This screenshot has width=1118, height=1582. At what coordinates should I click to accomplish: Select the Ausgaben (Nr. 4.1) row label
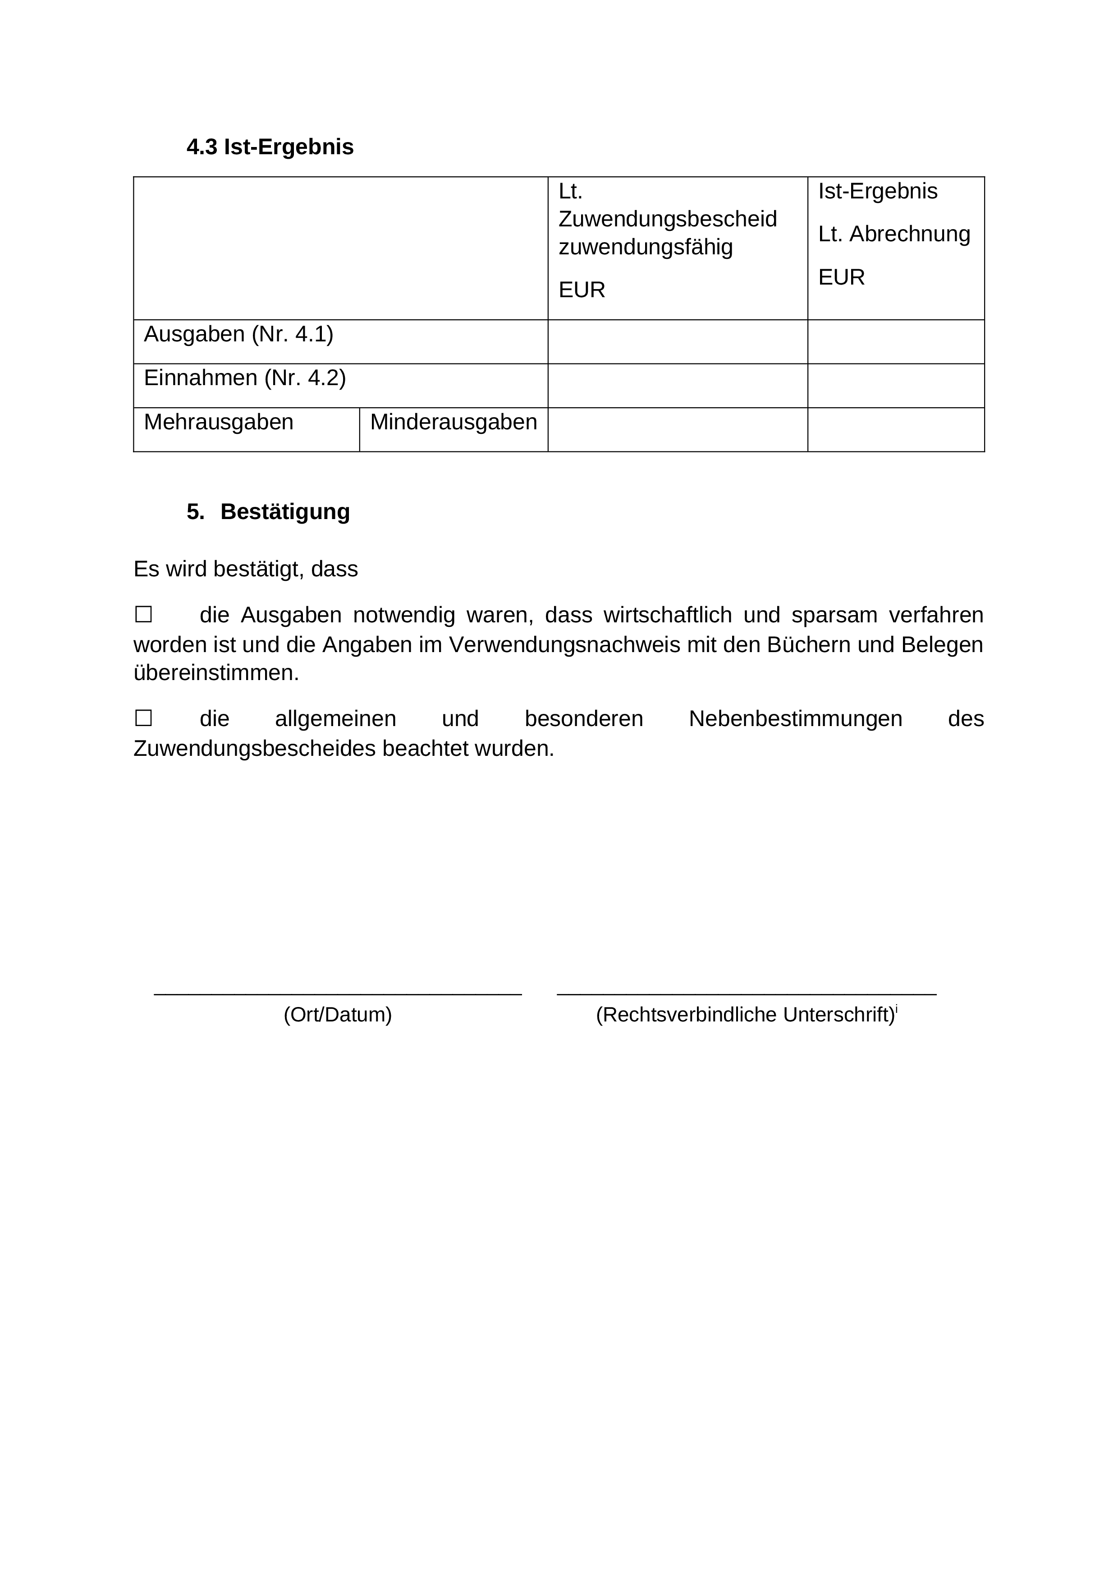238,334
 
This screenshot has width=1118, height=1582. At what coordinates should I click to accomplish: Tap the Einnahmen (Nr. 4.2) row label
244,378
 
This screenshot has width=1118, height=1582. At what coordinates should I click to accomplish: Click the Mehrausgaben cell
218,423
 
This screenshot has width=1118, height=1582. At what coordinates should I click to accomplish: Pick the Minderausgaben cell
453,423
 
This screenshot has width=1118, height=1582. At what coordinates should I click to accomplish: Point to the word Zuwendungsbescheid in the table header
668,219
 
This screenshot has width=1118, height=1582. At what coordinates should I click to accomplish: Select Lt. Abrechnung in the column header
894,234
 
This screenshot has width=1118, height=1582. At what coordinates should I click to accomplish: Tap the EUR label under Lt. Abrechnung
841,277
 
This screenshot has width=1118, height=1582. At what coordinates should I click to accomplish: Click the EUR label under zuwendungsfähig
582,290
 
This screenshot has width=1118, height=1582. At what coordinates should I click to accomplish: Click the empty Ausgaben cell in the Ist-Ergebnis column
895,342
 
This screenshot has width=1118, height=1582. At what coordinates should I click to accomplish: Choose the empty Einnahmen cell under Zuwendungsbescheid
677,386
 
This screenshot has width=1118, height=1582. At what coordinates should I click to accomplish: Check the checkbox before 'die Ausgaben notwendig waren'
143,614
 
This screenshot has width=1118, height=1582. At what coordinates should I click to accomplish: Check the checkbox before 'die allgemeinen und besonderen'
143,718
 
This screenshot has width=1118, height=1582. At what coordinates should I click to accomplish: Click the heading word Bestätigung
285,512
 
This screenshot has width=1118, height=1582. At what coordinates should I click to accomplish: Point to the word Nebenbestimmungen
795,719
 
